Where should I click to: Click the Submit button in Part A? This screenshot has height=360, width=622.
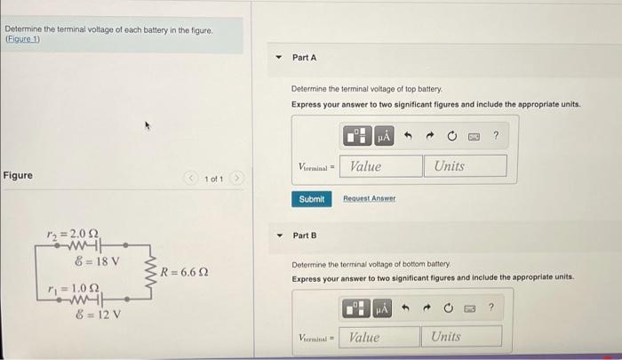point(311,198)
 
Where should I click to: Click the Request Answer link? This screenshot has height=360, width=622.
point(369,198)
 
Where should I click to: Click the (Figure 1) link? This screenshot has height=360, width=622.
point(23,39)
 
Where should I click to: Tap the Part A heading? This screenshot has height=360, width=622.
point(304,58)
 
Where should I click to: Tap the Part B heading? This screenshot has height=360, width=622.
point(304,236)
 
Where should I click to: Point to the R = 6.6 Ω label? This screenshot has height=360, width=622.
point(184,270)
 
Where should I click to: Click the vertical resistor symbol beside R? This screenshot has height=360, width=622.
point(153,270)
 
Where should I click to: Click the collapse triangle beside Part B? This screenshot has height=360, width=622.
point(279,236)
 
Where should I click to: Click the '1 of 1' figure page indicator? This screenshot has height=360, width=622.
point(213,179)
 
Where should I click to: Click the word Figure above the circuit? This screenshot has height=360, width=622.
point(18,175)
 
